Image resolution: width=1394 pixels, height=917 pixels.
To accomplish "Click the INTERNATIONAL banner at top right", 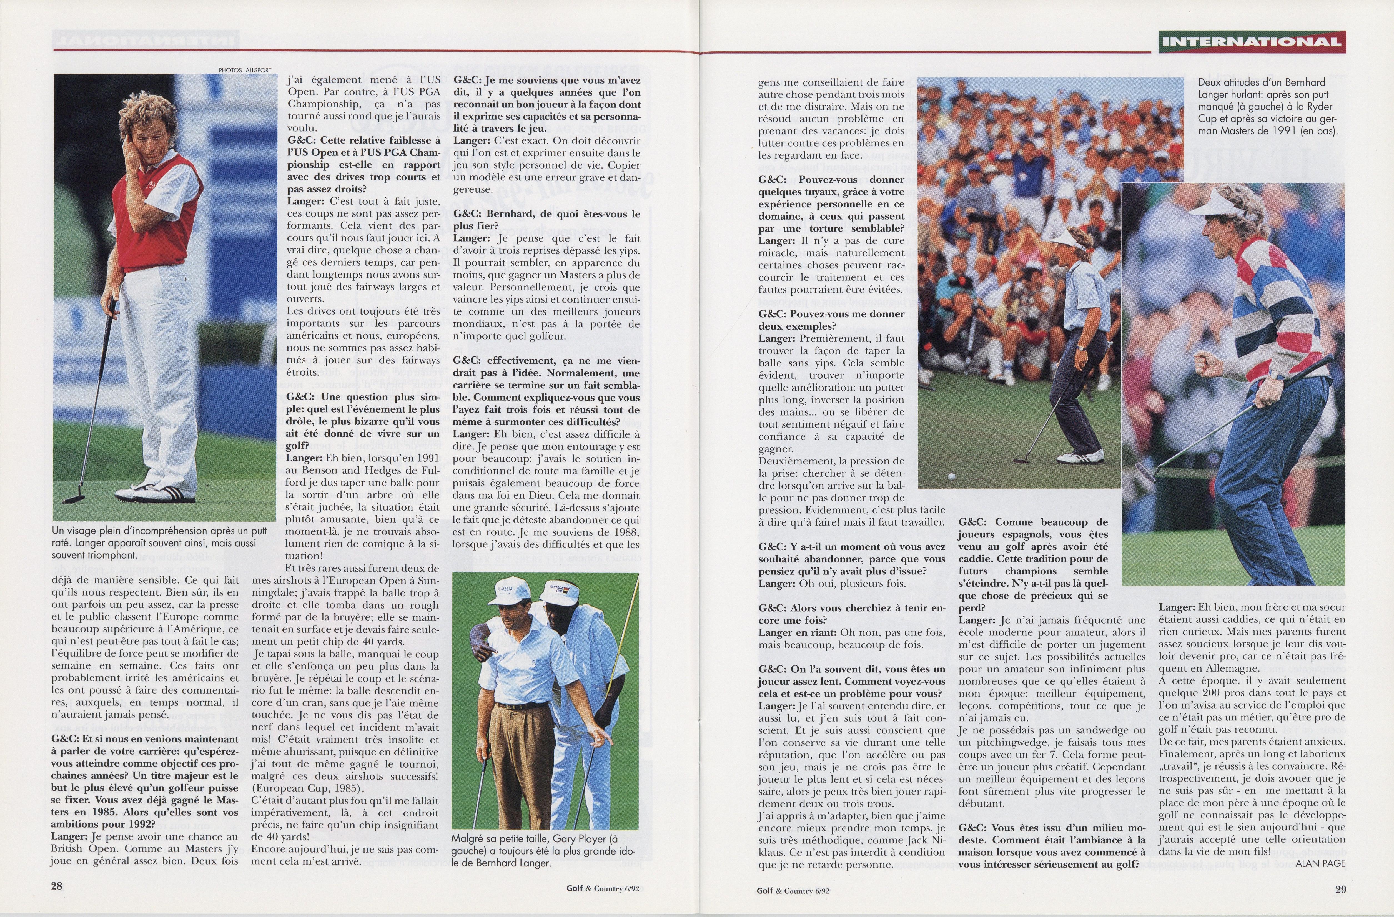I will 1252,42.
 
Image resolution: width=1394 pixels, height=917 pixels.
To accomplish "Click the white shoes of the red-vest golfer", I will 155,494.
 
